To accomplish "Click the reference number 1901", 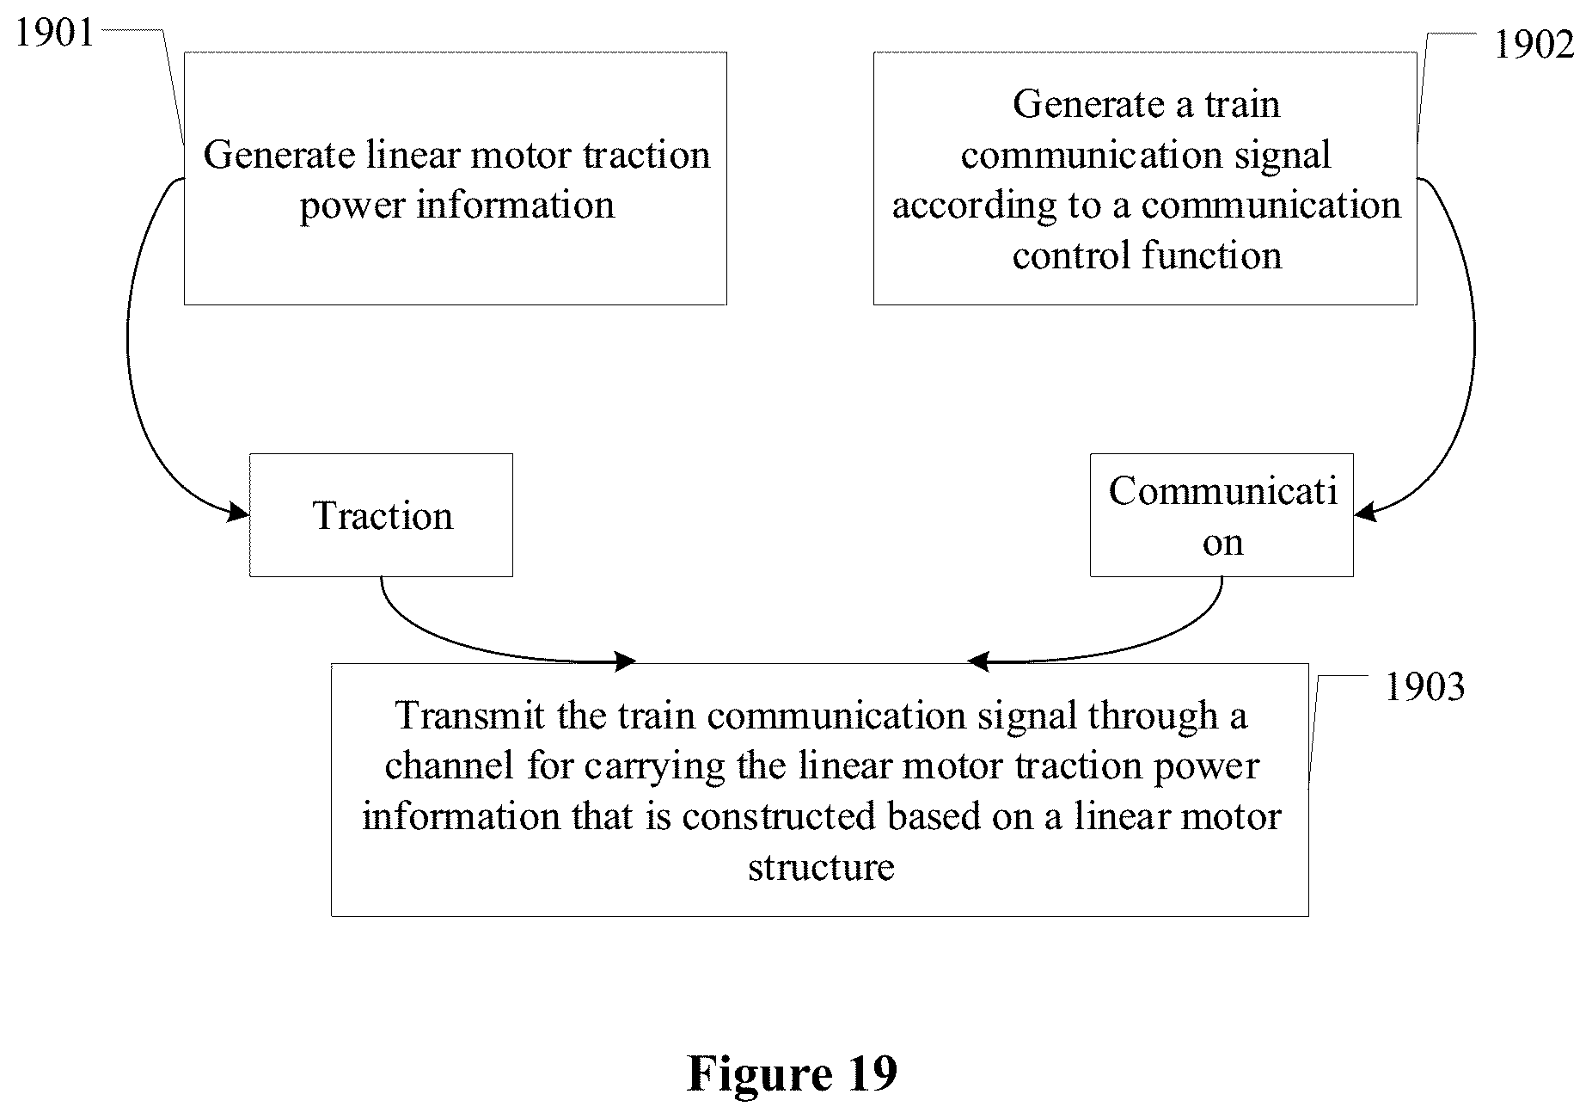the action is (55, 34).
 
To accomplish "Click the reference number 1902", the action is (1534, 45).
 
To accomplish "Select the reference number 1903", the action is (1424, 687).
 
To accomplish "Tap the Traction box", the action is (381, 515).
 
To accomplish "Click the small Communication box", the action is (1222, 515).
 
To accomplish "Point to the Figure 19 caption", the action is (792, 1073).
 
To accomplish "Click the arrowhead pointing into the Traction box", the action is (237, 513).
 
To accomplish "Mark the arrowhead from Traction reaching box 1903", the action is (624, 661).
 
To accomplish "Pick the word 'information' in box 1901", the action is (516, 205).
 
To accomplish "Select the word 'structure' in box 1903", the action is (821, 866).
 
